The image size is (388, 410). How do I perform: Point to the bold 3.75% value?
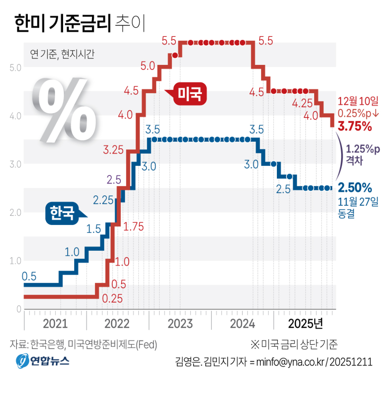click(355, 127)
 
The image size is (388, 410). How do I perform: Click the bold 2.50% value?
click(355, 187)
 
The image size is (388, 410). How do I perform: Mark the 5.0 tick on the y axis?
click(15, 67)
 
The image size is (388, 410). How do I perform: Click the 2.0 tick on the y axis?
click(15, 213)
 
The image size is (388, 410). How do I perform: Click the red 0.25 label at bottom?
click(112, 299)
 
